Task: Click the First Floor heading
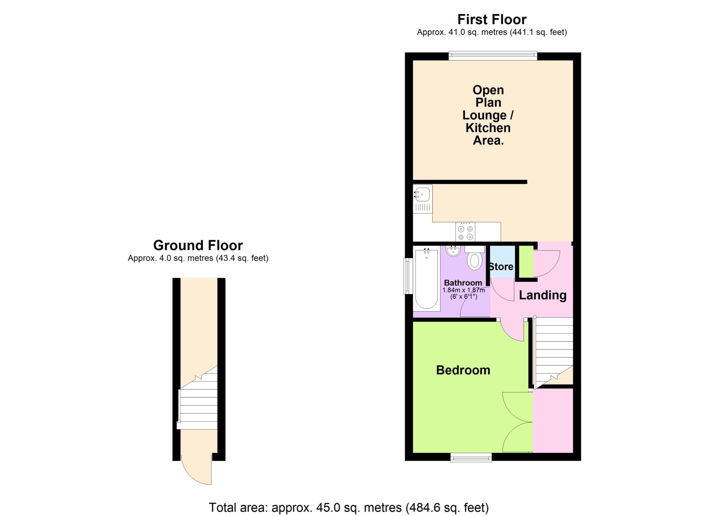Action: pyautogui.click(x=492, y=19)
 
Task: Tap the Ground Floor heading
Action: pyautogui.click(x=198, y=245)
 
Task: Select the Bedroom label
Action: pyautogui.click(x=463, y=370)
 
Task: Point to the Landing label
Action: pyautogui.click(x=543, y=295)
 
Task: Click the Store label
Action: pyautogui.click(x=501, y=266)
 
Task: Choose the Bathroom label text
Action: pyautogui.click(x=463, y=283)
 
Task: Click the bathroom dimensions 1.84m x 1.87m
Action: pyautogui.click(x=464, y=290)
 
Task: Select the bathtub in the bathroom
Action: pyautogui.click(x=426, y=279)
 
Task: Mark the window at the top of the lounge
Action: pyautogui.click(x=493, y=55)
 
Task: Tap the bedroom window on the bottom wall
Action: pyautogui.click(x=471, y=458)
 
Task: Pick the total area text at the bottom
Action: pyautogui.click(x=349, y=508)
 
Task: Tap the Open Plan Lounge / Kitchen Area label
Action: pyautogui.click(x=488, y=115)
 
